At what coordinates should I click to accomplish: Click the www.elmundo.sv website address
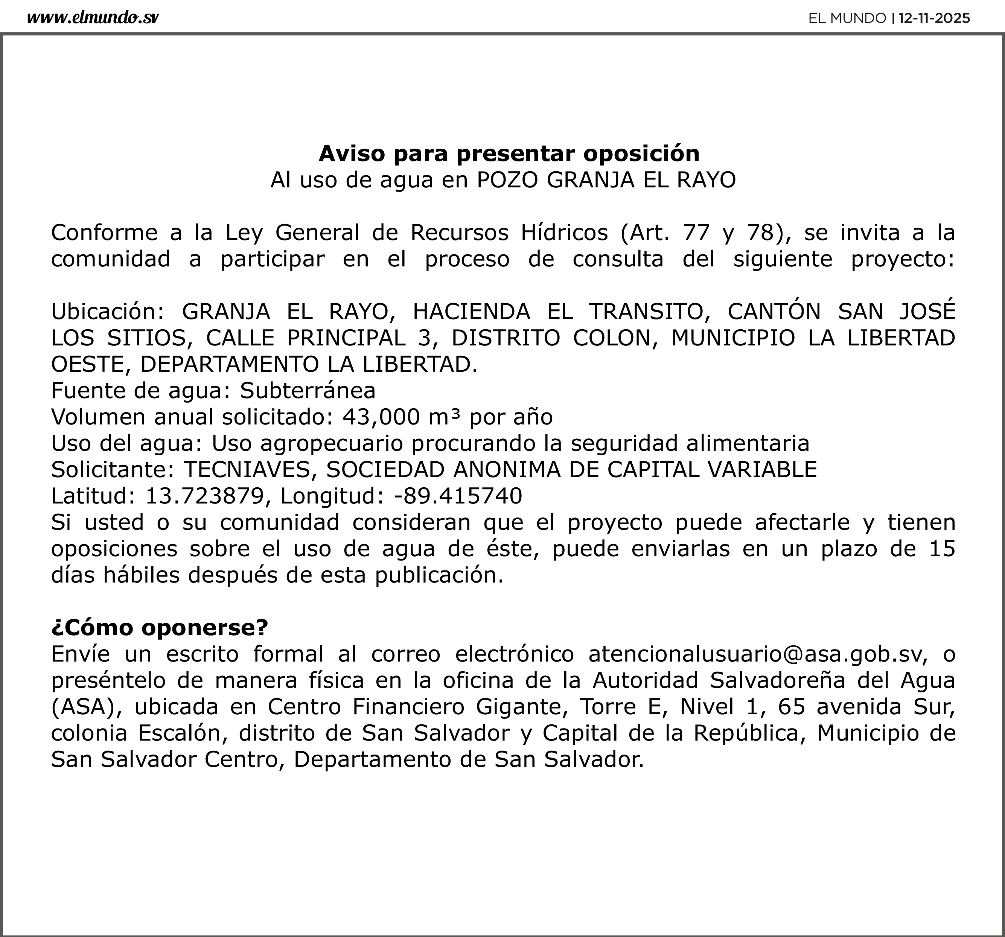point(93,18)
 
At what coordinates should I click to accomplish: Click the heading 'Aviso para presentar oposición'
point(509,153)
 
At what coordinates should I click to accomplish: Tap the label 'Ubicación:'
point(108,311)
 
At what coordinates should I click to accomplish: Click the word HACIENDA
point(471,311)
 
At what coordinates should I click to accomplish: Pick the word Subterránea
point(308,390)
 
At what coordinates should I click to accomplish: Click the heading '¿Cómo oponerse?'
point(159,628)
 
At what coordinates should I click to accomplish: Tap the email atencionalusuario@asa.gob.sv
point(757,654)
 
